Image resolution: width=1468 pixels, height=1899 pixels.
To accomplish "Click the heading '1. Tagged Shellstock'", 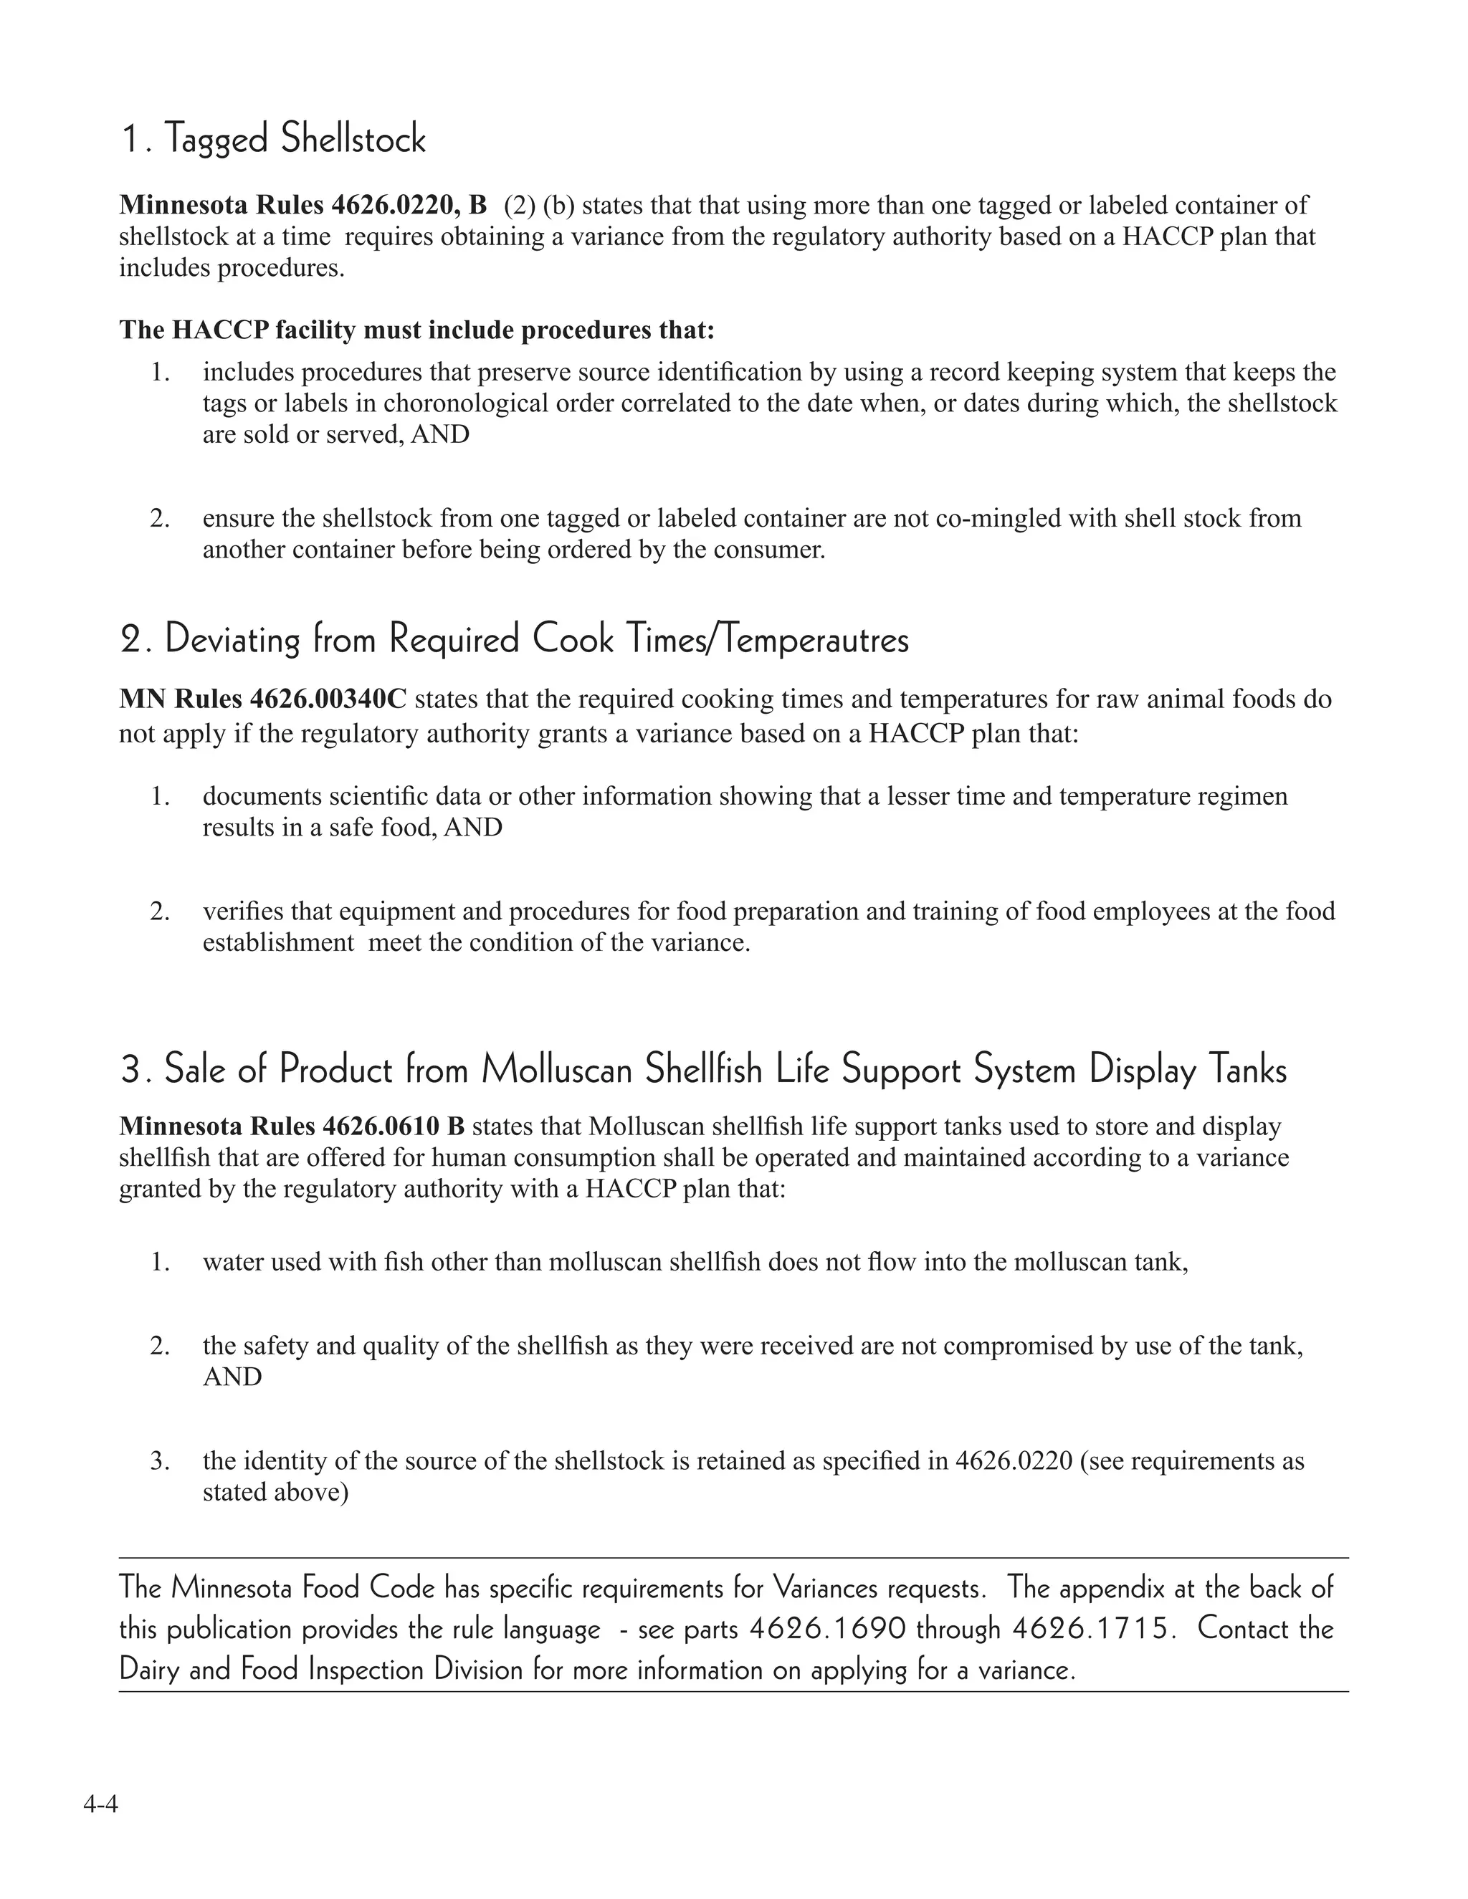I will point(272,140).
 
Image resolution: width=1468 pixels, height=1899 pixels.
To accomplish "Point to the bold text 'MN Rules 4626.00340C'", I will point(262,699).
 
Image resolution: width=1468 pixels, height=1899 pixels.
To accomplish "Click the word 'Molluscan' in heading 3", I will point(556,1069).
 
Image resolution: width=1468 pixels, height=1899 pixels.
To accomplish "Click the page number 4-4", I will point(101,1806).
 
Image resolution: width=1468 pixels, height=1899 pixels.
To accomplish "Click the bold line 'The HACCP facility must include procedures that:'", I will point(416,330).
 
